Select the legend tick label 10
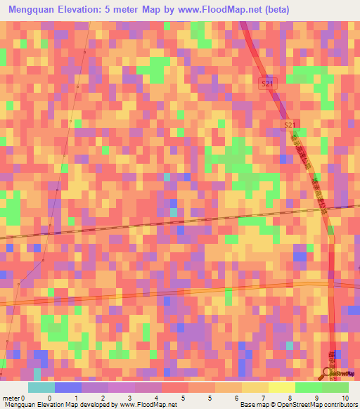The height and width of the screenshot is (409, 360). [344, 397]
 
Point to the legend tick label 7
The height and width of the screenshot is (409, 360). [264, 397]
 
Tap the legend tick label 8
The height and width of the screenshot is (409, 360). [290, 397]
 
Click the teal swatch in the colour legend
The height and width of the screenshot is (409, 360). [41, 387]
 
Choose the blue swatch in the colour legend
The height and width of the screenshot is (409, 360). [68, 387]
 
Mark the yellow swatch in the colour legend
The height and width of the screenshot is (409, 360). [281, 387]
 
